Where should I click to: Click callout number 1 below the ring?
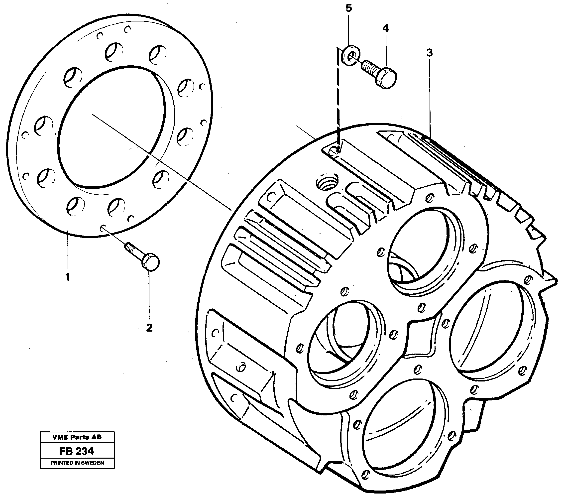point(68,276)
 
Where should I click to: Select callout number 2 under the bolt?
point(149,328)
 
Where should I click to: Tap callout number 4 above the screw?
point(386,28)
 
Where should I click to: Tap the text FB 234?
point(77,451)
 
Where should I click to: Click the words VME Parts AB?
point(77,437)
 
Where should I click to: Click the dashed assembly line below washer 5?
point(338,105)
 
